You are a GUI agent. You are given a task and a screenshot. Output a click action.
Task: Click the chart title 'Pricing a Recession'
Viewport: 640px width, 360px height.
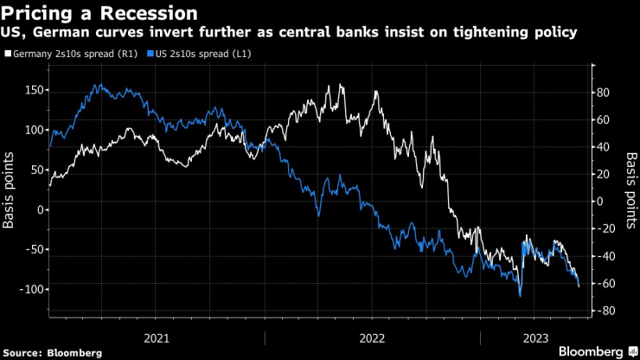(99, 13)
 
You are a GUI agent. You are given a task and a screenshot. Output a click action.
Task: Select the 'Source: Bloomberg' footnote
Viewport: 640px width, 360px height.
(52, 353)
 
